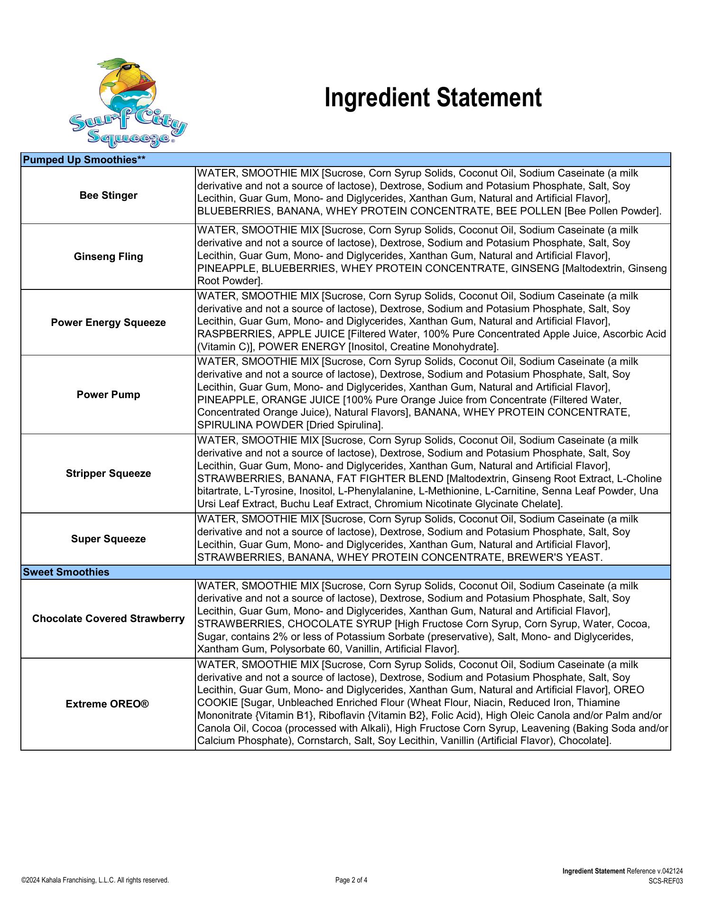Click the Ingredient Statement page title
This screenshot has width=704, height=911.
[433, 98]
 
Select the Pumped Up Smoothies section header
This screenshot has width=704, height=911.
[84, 160]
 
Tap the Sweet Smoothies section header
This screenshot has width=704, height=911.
[66, 572]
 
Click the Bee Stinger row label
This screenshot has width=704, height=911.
[108, 195]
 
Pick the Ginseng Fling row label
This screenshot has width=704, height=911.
[108, 257]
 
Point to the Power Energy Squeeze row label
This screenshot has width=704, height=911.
[108, 323]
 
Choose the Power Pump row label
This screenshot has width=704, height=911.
[108, 395]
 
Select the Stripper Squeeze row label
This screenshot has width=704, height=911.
[108, 474]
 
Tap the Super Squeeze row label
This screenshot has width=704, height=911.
[108, 539]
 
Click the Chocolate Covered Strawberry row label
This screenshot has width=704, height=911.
[108, 619]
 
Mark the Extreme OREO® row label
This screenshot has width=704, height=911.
[107, 704]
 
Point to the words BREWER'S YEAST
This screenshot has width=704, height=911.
[554, 558]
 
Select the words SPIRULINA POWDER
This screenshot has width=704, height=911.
[250, 425]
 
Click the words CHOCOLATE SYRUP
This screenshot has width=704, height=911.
[340, 623]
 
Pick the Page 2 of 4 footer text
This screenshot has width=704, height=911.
[351, 880]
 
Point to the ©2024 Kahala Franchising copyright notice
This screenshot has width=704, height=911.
[95, 880]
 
